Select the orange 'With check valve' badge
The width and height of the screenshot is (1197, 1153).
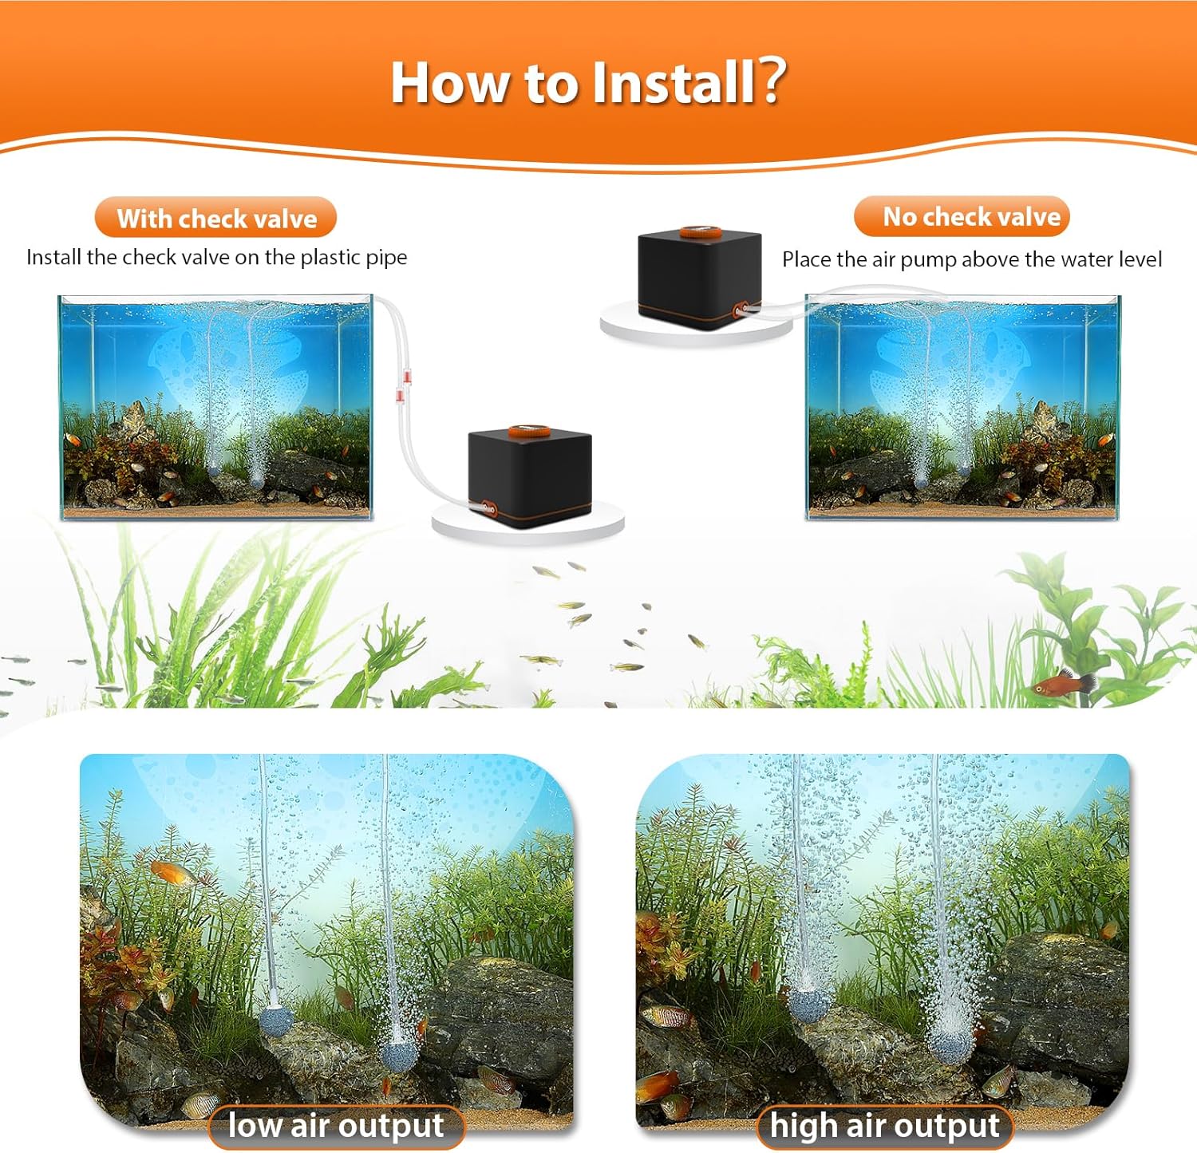tap(215, 218)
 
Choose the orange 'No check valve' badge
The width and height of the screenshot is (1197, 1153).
tap(962, 216)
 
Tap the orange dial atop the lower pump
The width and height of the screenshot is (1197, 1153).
tap(528, 432)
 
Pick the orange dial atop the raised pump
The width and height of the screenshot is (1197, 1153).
tap(700, 232)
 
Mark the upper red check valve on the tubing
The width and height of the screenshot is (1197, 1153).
tap(406, 374)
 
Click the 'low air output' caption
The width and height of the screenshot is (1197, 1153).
tap(336, 1126)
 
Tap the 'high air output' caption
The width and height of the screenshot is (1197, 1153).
tap(884, 1126)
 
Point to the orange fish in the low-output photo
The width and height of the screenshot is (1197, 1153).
tap(172, 872)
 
